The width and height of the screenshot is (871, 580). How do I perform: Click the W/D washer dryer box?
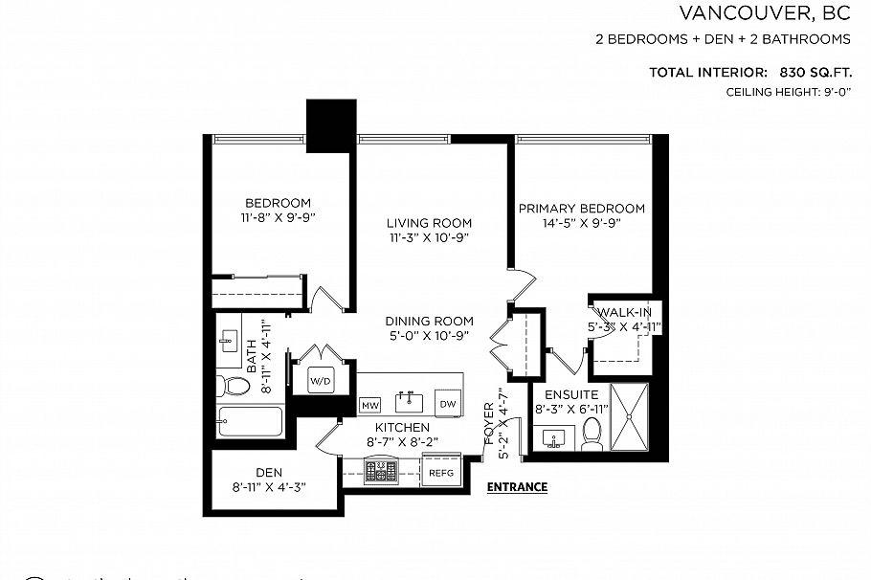(x=321, y=381)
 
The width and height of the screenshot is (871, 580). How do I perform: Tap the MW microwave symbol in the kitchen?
(x=369, y=405)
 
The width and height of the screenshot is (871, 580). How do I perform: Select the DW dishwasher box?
(x=448, y=404)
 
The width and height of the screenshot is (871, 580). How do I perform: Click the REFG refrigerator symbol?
(x=440, y=472)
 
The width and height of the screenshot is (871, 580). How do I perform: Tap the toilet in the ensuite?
(x=592, y=434)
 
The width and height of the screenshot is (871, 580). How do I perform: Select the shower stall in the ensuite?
(x=629, y=416)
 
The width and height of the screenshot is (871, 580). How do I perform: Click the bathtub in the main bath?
(x=250, y=421)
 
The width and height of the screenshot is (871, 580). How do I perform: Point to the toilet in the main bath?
(x=233, y=386)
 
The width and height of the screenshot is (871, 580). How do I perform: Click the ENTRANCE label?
(x=517, y=487)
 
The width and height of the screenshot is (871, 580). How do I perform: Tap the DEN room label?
(x=268, y=472)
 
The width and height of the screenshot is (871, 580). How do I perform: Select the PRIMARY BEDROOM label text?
(x=581, y=209)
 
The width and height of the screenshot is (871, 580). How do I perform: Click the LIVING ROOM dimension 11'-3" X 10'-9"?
(x=430, y=237)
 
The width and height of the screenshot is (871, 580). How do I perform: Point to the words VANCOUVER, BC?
(x=764, y=13)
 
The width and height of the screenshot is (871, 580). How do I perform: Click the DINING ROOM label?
(x=430, y=322)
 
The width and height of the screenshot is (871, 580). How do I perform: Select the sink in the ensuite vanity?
(x=555, y=439)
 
